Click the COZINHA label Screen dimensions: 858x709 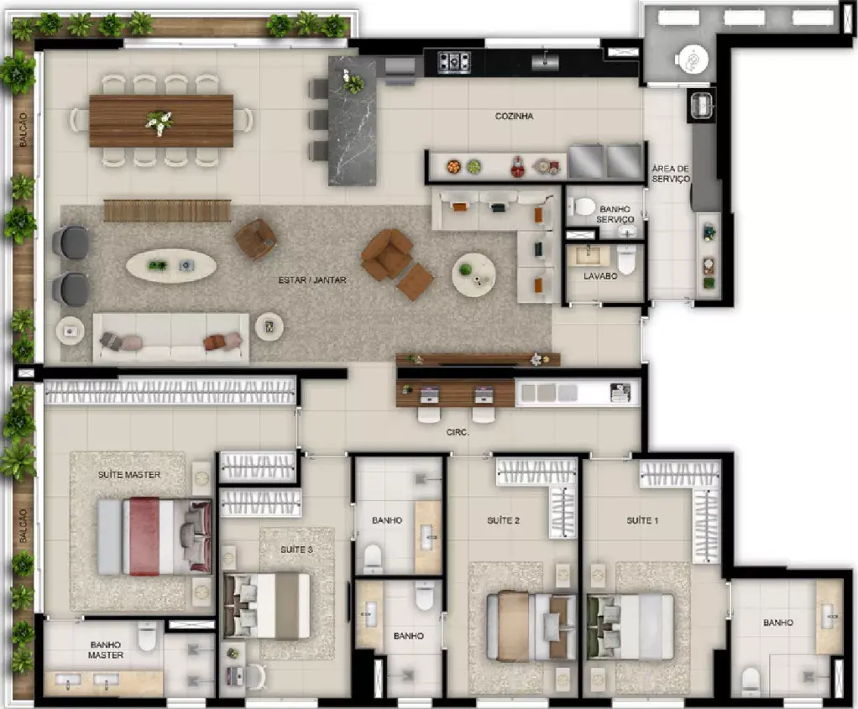pos(514,116)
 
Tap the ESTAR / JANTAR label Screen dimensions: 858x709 pos(312,280)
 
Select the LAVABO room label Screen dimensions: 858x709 pos(599,276)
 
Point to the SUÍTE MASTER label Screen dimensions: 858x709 pos(129,475)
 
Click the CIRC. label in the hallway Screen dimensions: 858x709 pos(458,432)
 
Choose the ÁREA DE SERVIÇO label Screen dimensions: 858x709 pos(670,174)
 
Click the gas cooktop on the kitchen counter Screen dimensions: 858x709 pos(454,61)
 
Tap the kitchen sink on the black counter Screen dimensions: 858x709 pos(545,62)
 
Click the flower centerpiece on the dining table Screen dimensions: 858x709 pos(159,122)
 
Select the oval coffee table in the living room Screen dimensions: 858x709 pos(170,266)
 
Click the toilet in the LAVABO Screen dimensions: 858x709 pos(626,260)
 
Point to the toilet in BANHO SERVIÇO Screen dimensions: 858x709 pos(581,206)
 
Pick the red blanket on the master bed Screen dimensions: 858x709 pos(144,536)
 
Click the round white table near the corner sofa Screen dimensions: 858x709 pos(473,274)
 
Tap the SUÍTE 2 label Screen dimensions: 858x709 pos(503,520)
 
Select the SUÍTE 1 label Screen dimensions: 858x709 pos(642,520)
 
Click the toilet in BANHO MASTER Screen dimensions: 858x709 pos(147,636)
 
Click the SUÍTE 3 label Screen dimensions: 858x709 pos(296,550)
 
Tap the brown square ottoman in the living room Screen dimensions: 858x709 pos(415,282)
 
